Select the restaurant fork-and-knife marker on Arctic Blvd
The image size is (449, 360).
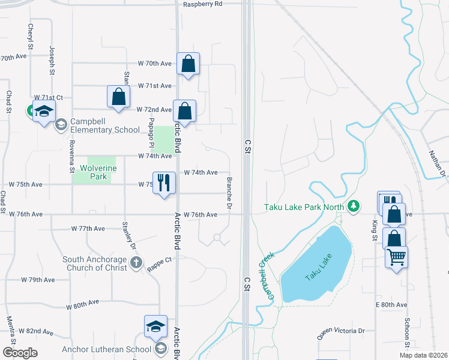(x=164, y=182)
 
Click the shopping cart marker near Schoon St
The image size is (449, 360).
(x=396, y=257)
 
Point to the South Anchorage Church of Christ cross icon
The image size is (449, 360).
(x=136, y=262)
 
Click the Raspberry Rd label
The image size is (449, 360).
(x=203, y=4)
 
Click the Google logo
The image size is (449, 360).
(x=20, y=352)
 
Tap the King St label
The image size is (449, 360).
(x=374, y=230)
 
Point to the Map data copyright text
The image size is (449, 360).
(x=423, y=355)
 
